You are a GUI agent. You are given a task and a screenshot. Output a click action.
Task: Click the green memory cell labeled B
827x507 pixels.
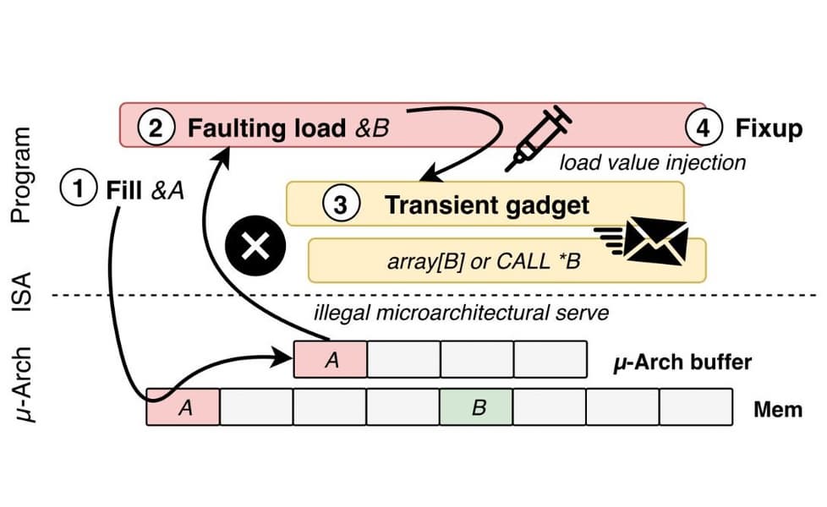point(476,407)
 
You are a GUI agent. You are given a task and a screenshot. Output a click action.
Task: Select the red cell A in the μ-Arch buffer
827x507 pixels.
point(331,360)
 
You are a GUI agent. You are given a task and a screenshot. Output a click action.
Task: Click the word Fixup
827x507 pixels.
point(769,129)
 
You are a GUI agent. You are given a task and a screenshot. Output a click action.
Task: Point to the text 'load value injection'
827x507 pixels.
point(652,161)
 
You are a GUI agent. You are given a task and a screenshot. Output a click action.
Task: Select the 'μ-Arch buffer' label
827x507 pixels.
point(682,362)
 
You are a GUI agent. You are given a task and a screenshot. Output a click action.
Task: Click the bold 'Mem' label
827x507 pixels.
point(778,409)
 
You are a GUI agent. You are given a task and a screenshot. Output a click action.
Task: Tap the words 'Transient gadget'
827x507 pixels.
point(486,204)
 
